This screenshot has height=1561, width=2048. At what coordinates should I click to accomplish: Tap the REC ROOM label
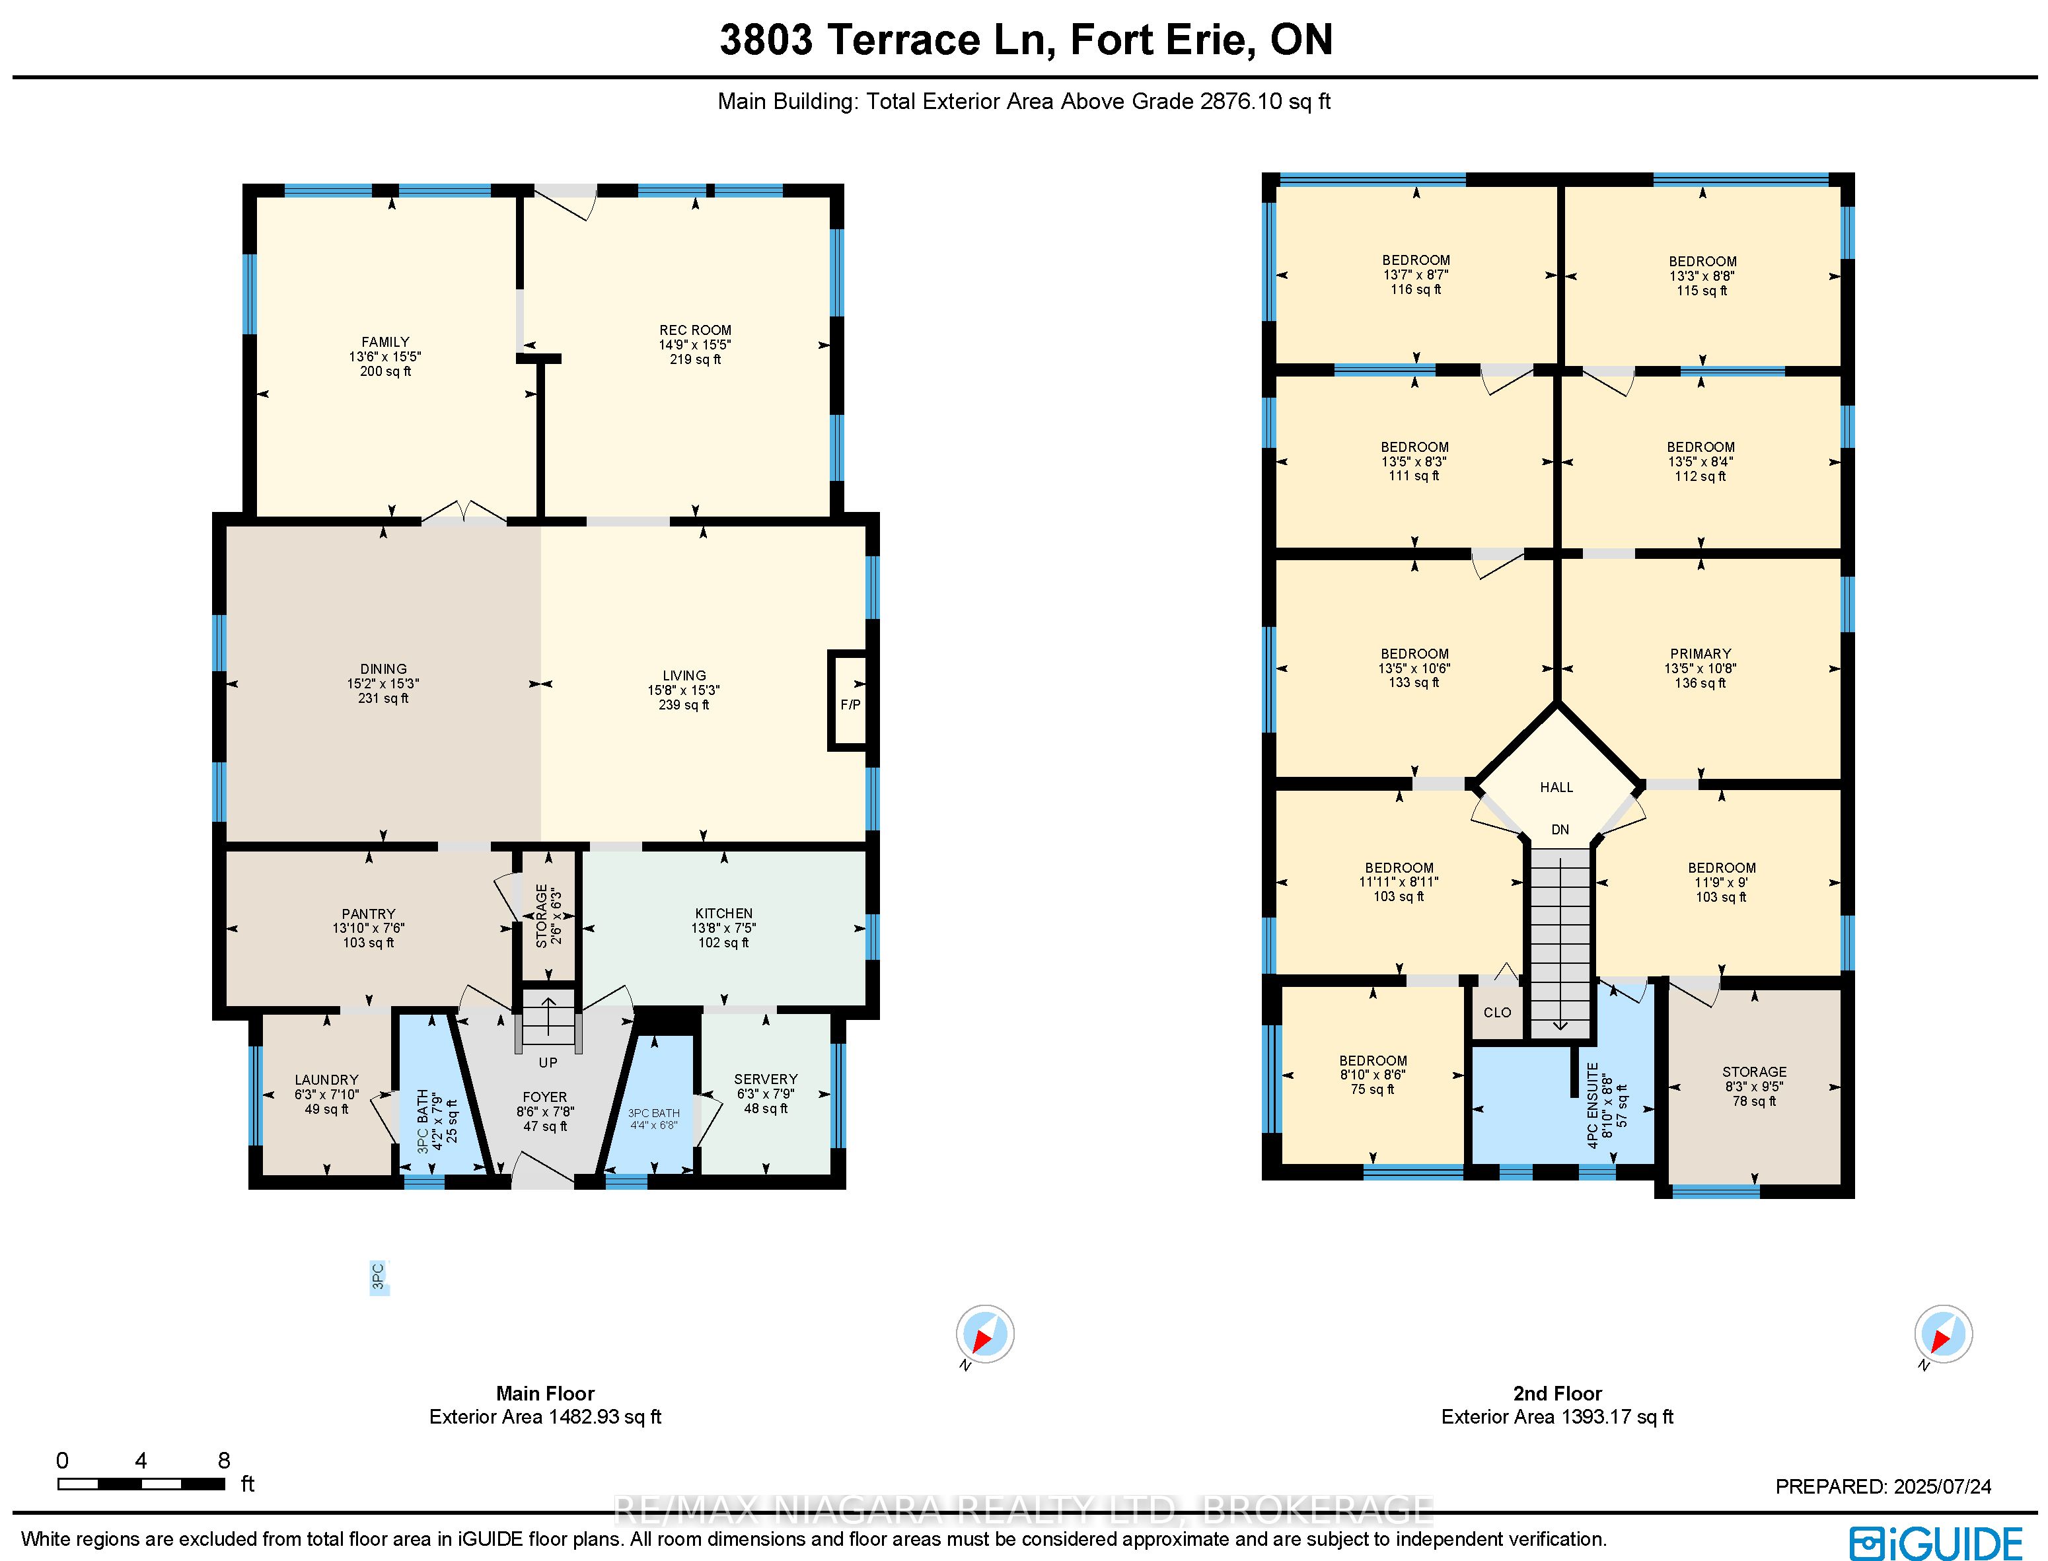(695, 330)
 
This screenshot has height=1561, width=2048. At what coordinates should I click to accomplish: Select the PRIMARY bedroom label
(1701, 653)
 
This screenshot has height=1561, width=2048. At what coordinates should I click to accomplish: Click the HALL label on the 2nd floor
(1556, 787)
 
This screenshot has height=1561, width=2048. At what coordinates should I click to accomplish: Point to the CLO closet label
(1497, 1012)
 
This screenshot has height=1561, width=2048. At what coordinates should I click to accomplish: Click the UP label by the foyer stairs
(548, 1062)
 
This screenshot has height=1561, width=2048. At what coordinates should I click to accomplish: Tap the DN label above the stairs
(1560, 829)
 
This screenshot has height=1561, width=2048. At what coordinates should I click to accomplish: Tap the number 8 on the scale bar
(223, 1461)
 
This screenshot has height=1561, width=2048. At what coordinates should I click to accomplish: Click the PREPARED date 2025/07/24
(1938, 1486)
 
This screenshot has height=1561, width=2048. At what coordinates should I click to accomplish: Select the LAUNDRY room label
(326, 1079)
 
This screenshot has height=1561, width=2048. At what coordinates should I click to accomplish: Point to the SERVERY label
(766, 1079)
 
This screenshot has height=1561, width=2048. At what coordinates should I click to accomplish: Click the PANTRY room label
(368, 914)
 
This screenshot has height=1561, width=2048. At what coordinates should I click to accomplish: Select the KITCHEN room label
(724, 914)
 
